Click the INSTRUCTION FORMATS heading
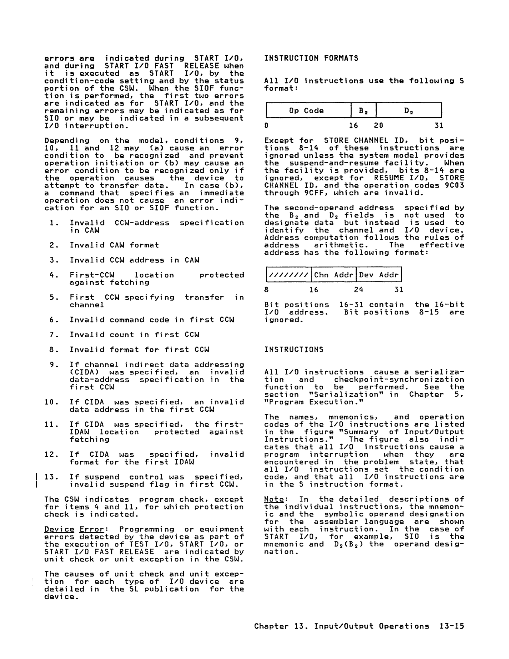311,58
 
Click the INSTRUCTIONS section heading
294,349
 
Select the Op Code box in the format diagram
308,110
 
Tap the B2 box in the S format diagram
363,110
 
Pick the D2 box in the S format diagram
409,110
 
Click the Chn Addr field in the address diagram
334,275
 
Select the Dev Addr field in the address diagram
379,275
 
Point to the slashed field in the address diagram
289,275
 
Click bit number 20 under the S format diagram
378,125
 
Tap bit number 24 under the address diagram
358,290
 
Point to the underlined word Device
59,529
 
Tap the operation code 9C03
454,185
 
